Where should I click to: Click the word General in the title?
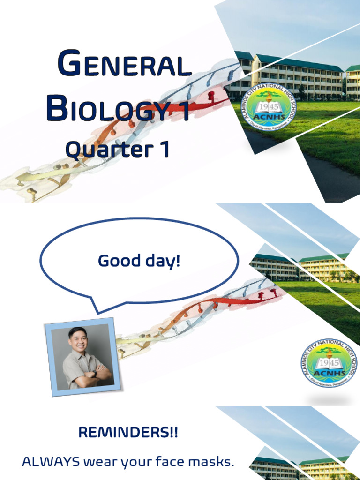click(x=124, y=66)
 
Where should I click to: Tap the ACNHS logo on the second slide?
click(x=328, y=363)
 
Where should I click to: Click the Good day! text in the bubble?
click(x=139, y=261)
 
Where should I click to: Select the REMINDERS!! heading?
click(x=128, y=433)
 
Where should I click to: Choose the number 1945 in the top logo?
click(x=269, y=105)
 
